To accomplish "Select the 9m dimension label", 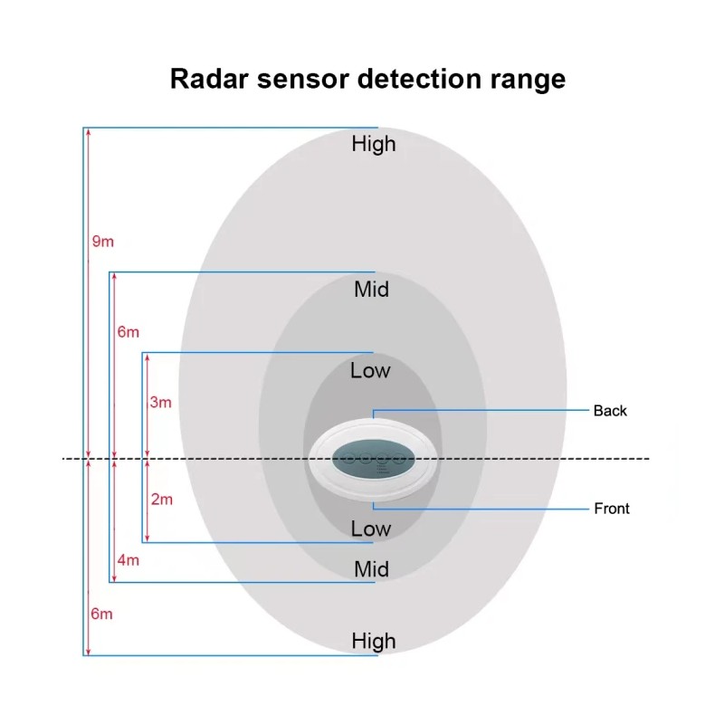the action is [x=103, y=241].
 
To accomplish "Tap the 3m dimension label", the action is [x=161, y=402].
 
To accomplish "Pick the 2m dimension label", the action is [x=162, y=500].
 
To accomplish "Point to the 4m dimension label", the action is [x=128, y=560].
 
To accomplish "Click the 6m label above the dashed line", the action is [x=128, y=332].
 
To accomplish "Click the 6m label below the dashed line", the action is [x=101, y=614].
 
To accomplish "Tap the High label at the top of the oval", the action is [x=374, y=144].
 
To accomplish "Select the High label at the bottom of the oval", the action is [x=374, y=642].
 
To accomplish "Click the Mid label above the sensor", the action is [x=371, y=290].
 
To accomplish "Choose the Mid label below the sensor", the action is [x=371, y=569].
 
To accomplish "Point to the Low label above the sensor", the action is [x=370, y=371].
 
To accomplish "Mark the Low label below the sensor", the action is [x=371, y=529].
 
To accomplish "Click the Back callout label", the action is [x=610, y=411].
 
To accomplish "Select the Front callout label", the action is [x=612, y=509].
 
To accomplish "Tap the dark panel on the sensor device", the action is [x=373, y=459].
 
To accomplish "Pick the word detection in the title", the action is [x=419, y=79].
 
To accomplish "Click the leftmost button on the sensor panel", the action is [x=349, y=459].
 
